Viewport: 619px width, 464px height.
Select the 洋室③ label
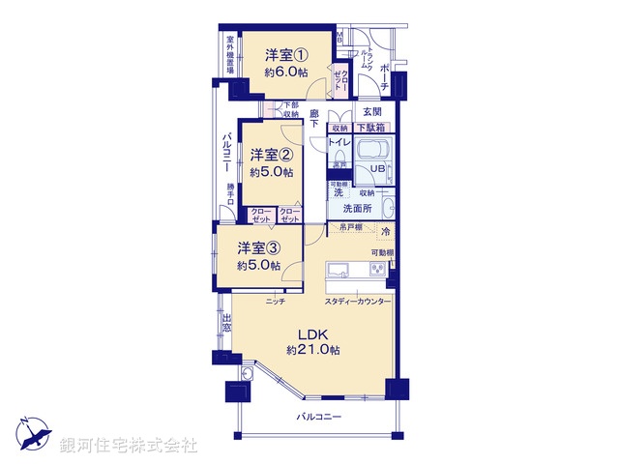[259, 247]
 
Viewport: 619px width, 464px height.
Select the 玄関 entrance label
[372, 111]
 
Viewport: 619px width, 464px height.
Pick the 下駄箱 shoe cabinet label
[371, 128]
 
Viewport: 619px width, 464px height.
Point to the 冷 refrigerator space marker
[384, 232]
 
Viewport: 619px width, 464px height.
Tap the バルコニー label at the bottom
[319, 417]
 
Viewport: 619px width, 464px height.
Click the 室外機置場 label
[230, 57]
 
